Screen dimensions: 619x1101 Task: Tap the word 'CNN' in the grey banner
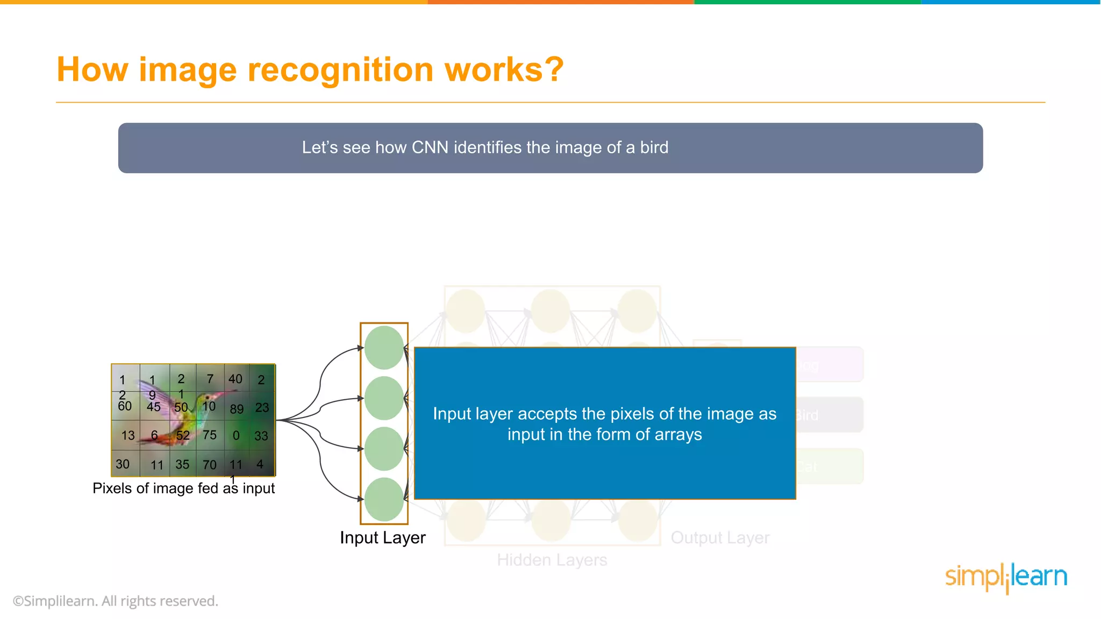pos(430,147)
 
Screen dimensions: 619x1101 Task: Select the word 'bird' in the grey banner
pos(654,147)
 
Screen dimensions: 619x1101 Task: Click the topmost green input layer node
pos(384,348)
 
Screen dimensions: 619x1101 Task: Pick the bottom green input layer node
pos(384,499)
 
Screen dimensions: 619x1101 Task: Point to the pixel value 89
pos(237,409)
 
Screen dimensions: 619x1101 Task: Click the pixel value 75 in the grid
pos(210,435)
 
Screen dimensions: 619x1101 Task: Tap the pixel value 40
pos(235,379)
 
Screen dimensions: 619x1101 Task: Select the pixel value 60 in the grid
pos(125,406)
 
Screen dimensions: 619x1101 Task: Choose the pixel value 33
pos(261,436)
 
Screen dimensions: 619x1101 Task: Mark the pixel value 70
pos(210,465)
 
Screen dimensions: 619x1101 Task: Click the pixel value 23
pos(262,407)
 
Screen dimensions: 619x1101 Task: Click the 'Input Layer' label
pos(382,537)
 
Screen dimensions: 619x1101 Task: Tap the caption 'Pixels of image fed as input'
pos(183,488)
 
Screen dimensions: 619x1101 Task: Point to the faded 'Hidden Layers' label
pos(552,560)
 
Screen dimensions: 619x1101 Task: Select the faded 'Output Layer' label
pos(720,537)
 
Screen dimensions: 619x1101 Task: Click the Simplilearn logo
pos(1006,577)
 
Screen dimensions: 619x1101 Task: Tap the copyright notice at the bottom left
pos(116,601)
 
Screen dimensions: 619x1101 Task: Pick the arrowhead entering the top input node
pos(361,348)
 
